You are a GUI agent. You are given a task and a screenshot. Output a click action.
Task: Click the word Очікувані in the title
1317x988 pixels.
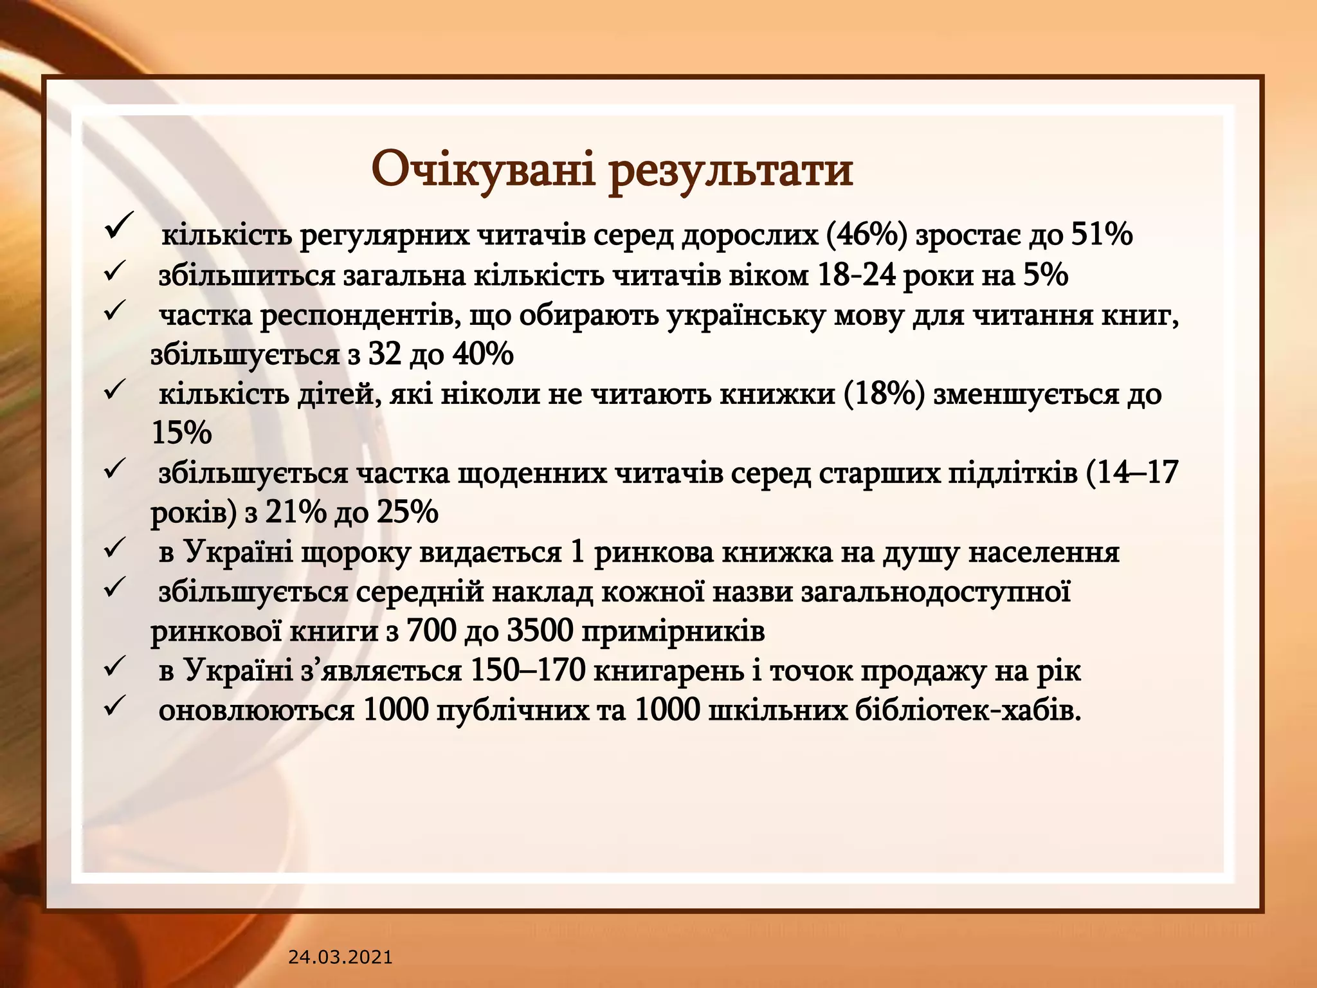pos(484,170)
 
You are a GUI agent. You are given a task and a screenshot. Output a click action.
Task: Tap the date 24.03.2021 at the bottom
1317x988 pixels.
pos(340,957)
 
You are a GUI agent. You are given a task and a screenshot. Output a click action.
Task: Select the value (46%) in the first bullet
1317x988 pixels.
pos(864,235)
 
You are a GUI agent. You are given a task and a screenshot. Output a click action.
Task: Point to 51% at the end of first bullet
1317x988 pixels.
pos(1101,235)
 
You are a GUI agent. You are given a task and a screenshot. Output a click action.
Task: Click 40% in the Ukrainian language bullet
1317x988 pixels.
pos(482,354)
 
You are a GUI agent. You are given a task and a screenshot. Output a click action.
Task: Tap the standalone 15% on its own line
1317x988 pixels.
pos(181,433)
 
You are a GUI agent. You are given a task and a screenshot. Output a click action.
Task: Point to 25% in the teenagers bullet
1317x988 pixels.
pos(407,513)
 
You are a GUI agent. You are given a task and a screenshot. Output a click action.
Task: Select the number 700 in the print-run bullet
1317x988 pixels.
pos(431,631)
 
